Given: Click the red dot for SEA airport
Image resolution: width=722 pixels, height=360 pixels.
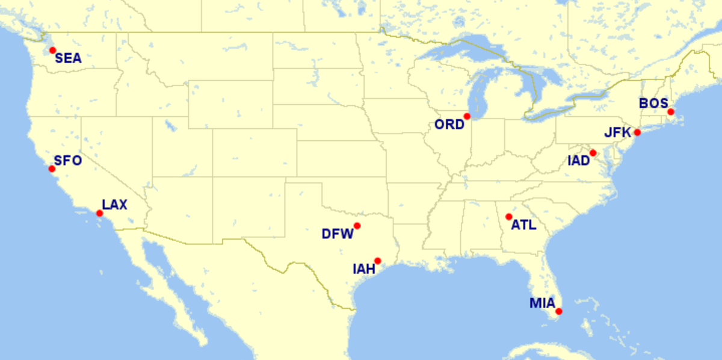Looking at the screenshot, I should [52, 50].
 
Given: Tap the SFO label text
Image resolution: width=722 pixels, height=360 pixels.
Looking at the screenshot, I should [67, 161].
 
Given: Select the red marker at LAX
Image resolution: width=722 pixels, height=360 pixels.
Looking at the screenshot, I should [99, 213].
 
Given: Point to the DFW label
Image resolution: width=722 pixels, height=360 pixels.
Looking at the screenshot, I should [338, 234].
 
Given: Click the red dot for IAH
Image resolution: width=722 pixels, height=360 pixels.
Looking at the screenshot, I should [377, 261].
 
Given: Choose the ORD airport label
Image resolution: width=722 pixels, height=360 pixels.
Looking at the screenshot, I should [449, 125].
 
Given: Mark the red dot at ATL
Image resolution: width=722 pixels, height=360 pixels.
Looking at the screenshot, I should [508, 217].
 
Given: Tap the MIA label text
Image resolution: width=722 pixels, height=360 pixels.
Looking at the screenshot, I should [542, 303].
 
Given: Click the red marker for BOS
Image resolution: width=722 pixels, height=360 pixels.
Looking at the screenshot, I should [671, 112].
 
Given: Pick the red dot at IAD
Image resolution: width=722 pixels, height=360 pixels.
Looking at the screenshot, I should [593, 153].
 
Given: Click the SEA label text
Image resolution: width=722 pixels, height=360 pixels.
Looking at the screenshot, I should [68, 58].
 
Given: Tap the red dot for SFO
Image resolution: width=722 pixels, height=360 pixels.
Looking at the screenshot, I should [52, 169].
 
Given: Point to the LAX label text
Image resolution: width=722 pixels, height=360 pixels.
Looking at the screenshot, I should [114, 205].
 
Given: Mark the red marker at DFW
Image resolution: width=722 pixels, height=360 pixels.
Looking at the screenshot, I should [357, 226].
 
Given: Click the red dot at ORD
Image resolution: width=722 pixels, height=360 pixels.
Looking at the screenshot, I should [467, 116].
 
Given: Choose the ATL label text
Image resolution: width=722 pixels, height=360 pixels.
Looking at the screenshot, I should [523, 226].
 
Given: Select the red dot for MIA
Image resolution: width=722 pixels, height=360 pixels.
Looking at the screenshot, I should [558, 311].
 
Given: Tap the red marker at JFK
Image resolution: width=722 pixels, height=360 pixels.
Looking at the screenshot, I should [637, 132].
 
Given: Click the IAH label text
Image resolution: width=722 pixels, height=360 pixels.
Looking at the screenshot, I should [364, 269].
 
